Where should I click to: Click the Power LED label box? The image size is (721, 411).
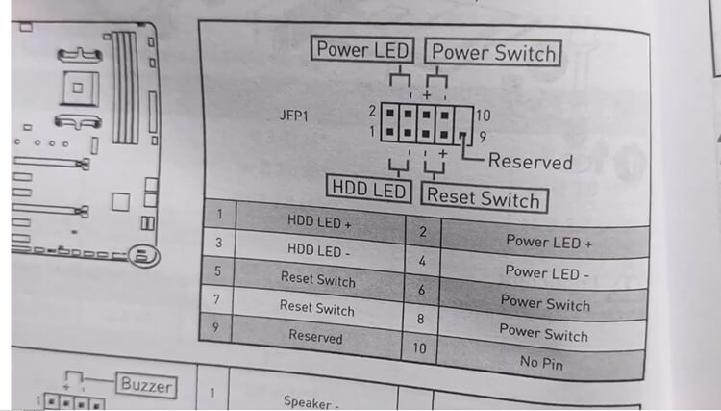362,50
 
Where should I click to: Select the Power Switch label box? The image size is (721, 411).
491,52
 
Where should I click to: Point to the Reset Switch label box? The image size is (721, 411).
484,198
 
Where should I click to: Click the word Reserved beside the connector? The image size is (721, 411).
530,161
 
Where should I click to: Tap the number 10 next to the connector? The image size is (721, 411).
483,116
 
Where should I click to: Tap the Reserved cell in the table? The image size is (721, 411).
315,337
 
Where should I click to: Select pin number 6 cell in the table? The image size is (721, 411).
421,289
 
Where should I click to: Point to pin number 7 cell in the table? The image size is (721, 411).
218,299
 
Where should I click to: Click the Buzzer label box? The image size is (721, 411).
147,386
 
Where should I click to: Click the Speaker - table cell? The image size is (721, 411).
312,401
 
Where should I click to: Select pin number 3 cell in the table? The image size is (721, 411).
220,243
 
